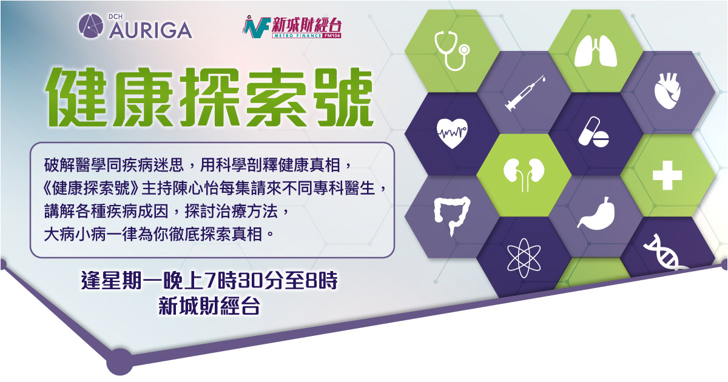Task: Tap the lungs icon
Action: tap(596, 51)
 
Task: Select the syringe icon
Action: tap(525, 93)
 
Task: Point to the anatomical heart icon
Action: tap(667, 91)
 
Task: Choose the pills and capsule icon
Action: tap(593, 132)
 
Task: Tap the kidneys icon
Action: tap(524, 174)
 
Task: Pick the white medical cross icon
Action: tap(667, 175)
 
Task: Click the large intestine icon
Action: tap(452, 215)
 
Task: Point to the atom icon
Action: tap(524, 258)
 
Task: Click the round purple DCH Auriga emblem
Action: tap(90, 26)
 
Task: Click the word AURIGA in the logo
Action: tap(150, 30)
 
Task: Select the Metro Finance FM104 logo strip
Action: tap(307, 36)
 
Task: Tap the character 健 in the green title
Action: tap(77, 97)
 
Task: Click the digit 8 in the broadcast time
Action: tap(311, 281)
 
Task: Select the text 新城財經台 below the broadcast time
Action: tap(209, 306)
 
